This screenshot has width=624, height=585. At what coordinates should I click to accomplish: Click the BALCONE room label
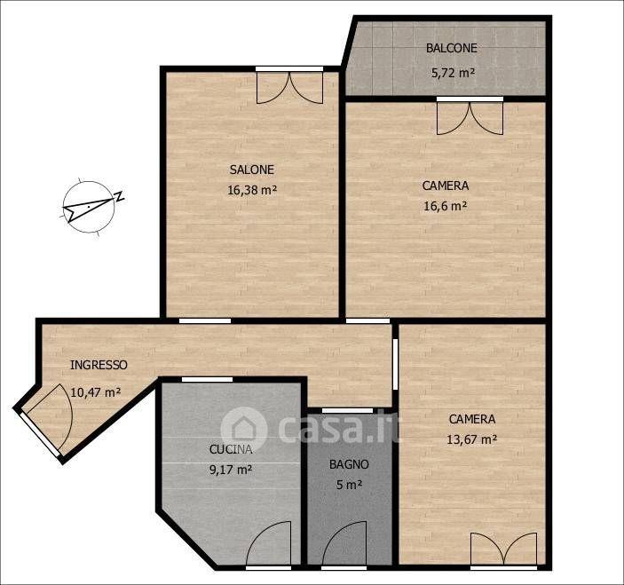tap(451, 48)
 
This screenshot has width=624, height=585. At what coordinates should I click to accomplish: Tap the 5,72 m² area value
tap(453, 73)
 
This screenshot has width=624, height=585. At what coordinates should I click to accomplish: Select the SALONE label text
tap(252, 170)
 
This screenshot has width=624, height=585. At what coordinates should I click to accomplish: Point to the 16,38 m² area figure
tap(252, 190)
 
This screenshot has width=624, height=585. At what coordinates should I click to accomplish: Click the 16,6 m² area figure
tap(446, 206)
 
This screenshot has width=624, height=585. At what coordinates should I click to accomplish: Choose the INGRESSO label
tap(99, 365)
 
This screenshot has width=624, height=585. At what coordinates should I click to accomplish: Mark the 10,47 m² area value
tap(96, 392)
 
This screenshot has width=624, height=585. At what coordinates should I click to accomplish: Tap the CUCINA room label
tap(231, 449)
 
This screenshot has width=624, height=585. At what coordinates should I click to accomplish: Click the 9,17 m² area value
tap(231, 470)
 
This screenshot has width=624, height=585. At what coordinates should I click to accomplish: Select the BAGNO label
tap(349, 464)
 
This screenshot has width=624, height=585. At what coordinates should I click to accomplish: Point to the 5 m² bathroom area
tap(349, 485)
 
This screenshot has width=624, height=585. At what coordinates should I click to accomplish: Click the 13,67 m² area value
tap(472, 439)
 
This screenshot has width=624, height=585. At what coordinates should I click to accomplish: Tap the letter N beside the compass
tap(119, 196)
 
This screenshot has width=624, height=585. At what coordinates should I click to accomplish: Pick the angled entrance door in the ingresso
tap(46, 420)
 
